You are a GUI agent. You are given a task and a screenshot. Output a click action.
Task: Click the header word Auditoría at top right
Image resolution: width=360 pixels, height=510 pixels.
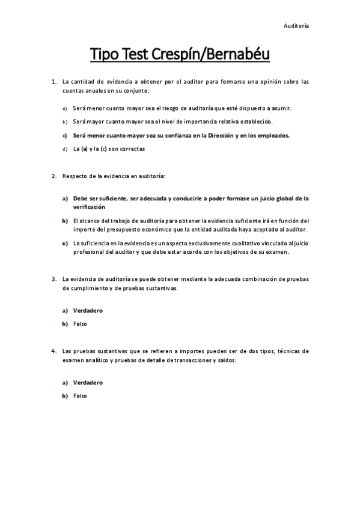coord(296,26)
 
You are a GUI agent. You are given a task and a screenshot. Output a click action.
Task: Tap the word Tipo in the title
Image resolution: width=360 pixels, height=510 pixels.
coord(105,55)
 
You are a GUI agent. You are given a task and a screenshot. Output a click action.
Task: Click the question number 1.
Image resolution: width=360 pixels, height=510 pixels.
coord(54,81)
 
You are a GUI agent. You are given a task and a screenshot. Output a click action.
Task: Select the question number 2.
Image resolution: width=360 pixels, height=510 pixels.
coord(54,176)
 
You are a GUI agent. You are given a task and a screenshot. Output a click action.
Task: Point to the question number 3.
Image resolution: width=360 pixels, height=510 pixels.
coord(54,278)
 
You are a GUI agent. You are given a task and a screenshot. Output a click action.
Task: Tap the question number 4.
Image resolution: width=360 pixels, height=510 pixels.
coord(54,351)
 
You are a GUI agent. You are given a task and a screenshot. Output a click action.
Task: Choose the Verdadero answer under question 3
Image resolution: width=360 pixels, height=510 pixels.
coord(88,310)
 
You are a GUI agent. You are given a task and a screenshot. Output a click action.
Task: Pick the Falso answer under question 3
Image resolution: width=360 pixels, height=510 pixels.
coord(80,324)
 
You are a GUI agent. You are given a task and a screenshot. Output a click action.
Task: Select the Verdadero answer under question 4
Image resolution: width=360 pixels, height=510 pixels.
coord(88,382)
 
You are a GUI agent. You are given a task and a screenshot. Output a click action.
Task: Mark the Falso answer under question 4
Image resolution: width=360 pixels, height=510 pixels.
coord(80,396)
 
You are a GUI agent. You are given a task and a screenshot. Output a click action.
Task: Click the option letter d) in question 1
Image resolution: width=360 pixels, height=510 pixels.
coord(65,148)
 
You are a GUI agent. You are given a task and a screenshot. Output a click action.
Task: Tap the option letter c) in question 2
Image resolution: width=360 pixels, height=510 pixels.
coord(65,243)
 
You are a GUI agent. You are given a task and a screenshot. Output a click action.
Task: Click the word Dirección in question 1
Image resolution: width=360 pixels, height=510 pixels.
coord(217,135)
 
